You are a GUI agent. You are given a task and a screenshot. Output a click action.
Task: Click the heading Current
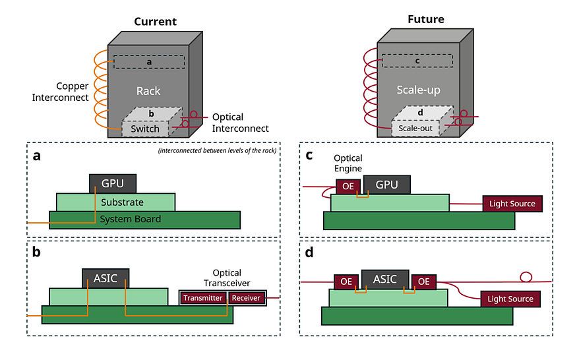[155, 21]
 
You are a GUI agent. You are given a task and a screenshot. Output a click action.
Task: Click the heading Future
[426, 19]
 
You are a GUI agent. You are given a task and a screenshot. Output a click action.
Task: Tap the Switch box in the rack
[145, 129]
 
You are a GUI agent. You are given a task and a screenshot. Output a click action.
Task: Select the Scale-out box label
[415, 128]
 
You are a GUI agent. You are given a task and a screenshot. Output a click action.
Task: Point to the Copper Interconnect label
[61, 92]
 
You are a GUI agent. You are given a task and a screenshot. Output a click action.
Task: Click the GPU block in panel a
[113, 183]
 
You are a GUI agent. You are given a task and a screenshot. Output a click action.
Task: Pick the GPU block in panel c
[386, 185]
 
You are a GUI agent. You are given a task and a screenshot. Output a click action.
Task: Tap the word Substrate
[122, 202]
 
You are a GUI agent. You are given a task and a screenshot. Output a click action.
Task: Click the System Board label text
[131, 219]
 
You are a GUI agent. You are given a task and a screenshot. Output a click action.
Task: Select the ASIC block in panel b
[106, 278]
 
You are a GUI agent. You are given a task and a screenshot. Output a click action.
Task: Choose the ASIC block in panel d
[385, 280]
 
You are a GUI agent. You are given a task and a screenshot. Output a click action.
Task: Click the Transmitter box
[202, 298]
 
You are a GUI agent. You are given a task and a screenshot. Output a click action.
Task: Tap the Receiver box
[246, 298]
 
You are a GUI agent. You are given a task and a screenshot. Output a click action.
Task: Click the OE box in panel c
[348, 186]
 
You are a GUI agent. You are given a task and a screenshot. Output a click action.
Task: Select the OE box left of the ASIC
[346, 282]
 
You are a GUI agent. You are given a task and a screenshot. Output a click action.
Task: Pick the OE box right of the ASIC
[423, 282]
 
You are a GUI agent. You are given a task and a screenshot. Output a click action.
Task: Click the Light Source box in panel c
[512, 204]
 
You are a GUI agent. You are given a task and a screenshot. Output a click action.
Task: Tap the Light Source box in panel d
[510, 299]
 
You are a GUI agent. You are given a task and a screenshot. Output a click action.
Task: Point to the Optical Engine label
[348, 163]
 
